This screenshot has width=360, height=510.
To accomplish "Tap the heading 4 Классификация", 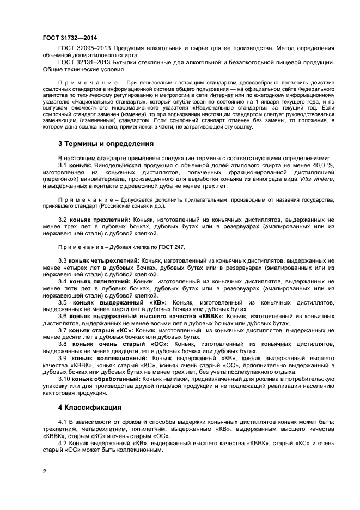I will click(90, 407).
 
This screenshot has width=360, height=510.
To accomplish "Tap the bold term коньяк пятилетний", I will click(99, 281).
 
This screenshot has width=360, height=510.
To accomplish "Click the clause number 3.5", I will click(63, 302).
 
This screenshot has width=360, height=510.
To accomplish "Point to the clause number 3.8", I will click(63, 343).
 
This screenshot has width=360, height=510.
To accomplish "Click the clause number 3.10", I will click(64, 378).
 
